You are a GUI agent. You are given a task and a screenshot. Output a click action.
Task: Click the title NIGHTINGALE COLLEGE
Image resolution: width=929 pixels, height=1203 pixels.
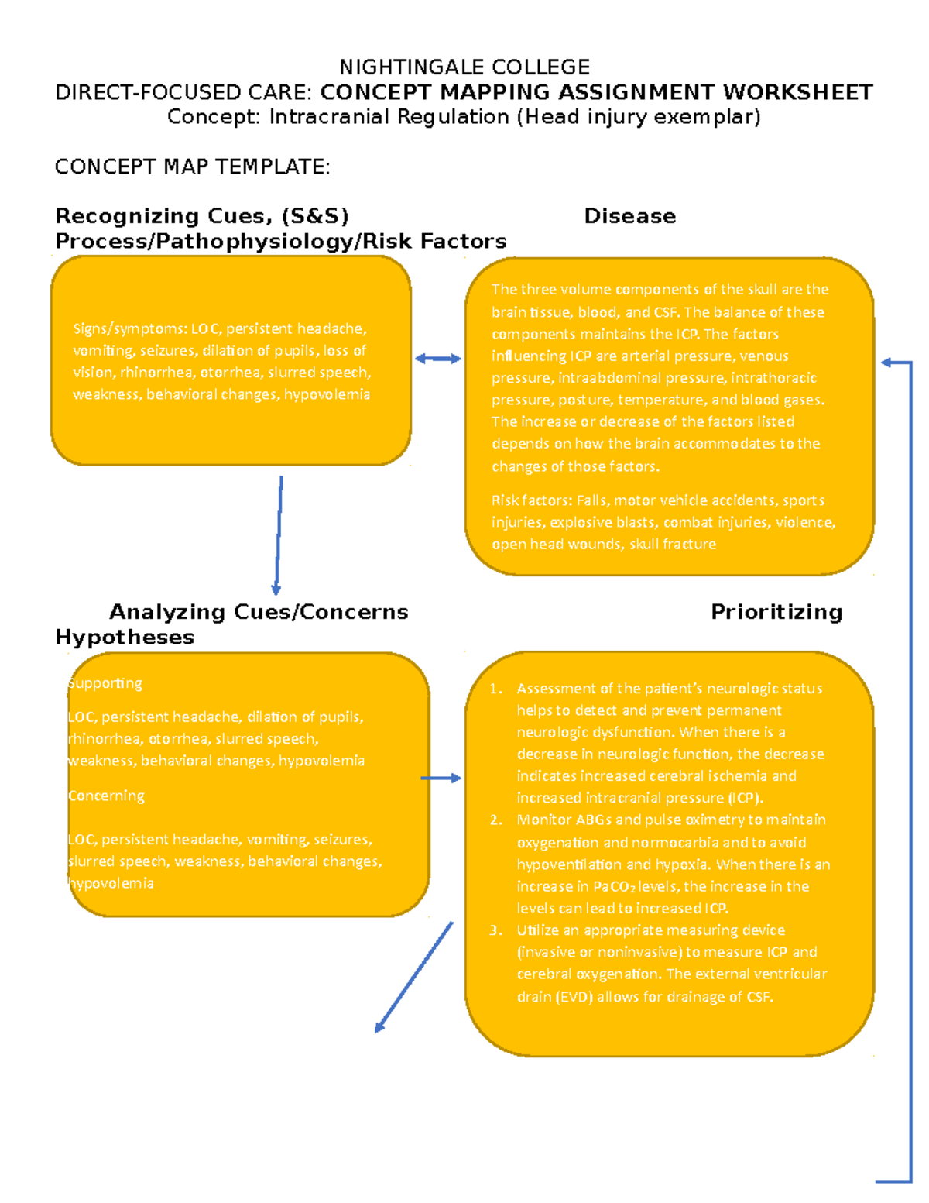click(464, 67)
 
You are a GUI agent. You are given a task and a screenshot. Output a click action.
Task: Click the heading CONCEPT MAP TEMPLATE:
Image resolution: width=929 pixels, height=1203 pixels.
click(192, 167)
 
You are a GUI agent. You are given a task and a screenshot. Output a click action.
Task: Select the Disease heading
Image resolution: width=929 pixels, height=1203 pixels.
click(629, 216)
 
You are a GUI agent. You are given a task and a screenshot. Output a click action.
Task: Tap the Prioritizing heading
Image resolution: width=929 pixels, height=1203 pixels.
click(776, 612)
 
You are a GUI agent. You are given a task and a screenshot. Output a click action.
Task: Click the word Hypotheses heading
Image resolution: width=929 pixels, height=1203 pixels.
click(125, 638)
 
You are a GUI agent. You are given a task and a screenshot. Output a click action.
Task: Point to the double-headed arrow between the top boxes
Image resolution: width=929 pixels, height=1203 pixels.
click(438, 358)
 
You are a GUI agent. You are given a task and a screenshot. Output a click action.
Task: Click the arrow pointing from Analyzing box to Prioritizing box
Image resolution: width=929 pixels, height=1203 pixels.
click(441, 778)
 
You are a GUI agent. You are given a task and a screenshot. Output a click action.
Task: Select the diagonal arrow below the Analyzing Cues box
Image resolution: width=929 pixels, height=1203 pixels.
click(413, 977)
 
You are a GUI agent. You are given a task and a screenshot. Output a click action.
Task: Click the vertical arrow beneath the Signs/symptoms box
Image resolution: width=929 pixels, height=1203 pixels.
click(278, 534)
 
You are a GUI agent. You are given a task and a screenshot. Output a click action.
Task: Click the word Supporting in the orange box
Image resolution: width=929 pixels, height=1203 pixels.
click(105, 683)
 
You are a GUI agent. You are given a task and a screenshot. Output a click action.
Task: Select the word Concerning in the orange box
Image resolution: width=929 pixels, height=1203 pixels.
click(106, 796)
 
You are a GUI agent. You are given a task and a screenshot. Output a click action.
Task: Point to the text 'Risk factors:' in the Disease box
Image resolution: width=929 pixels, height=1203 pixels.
click(532, 500)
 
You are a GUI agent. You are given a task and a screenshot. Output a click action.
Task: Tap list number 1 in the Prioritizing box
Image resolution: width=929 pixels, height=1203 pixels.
click(495, 689)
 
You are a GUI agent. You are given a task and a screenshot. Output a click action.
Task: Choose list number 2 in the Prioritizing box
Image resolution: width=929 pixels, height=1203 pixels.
click(495, 820)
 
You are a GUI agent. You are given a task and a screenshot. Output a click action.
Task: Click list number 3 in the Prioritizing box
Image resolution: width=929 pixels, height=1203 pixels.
click(495, 930)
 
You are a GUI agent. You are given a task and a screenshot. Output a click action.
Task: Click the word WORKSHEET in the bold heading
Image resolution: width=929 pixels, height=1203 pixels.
click(797, 92)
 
